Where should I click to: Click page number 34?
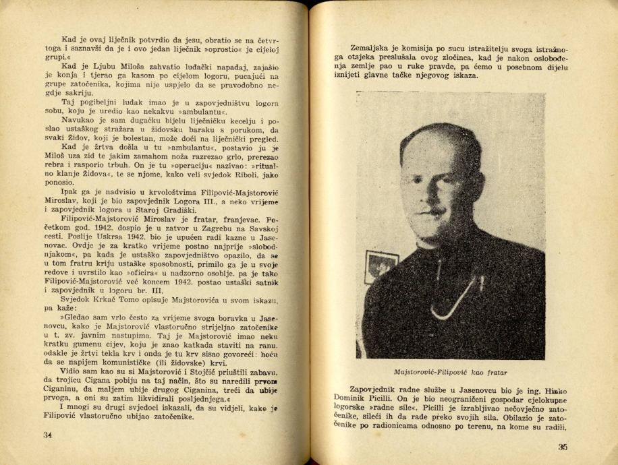point(47,435)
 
